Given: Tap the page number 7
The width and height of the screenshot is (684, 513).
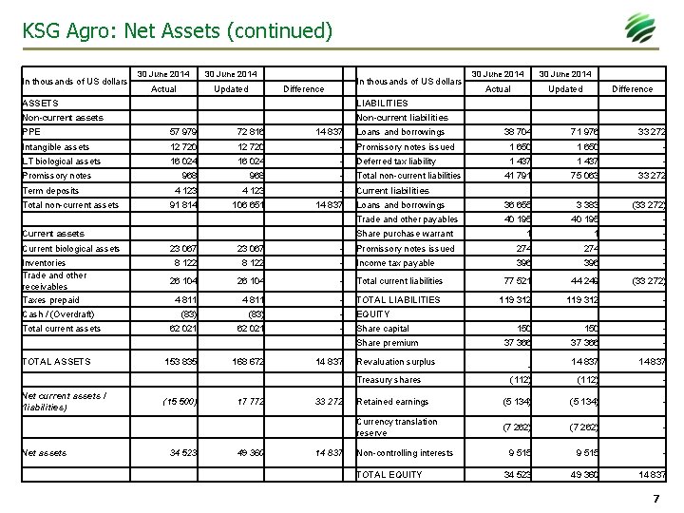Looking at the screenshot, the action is [655, 499].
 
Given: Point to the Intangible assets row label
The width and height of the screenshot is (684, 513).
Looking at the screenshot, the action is [56, 147].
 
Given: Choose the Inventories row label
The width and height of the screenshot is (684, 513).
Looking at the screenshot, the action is [44, 263].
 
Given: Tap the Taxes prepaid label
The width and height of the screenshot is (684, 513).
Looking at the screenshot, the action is [49, 299].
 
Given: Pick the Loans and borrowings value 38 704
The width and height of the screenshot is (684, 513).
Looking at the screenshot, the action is [510, 132].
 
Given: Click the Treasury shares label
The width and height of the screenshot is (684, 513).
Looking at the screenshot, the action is [388, 380].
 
